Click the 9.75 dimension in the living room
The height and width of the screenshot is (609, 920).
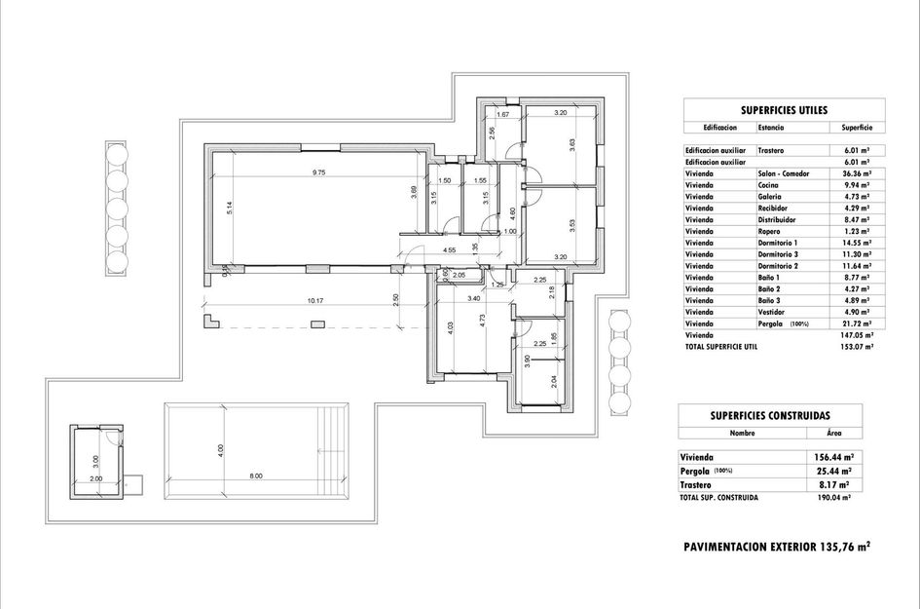click(318, 172)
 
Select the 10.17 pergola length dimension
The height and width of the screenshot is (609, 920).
click(314, 301)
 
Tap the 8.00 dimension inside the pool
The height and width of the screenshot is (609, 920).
click(255, 476)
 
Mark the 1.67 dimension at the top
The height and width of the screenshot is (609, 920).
click(503, 115)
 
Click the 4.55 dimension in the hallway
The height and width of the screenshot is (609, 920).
click(450, 250)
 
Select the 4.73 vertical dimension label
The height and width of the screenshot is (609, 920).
click(483, 322)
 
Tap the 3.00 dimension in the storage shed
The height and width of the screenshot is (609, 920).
click(95, 460)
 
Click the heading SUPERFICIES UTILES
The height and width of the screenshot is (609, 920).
click(784, 111)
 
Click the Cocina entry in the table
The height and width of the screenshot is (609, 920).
click(769, 185)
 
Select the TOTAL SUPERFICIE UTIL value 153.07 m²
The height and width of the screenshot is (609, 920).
click(857, 346)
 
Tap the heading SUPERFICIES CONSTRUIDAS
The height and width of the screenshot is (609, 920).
click(784, 416)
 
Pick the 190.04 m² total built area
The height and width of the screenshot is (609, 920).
click(834, 497)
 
